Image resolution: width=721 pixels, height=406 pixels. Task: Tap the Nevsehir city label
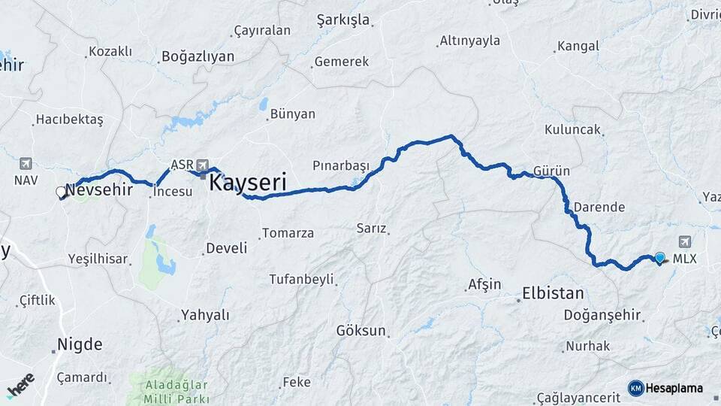point(99,190)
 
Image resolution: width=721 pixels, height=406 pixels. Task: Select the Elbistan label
point(552,293)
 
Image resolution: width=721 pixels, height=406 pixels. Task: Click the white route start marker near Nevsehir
point(62,192)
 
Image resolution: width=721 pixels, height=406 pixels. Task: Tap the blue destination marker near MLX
point(659,258)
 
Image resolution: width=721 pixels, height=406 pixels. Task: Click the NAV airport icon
point(26,164)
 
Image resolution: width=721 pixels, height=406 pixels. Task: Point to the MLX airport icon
point(684,242)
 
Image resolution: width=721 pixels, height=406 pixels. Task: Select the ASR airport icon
point(202,165)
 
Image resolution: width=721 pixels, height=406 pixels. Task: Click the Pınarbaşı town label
point(341,165)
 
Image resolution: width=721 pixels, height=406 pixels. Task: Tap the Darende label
point(599,207)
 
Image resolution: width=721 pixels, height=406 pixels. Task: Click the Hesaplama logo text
point(674,388)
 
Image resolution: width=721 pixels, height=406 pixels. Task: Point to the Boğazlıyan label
point(198,56)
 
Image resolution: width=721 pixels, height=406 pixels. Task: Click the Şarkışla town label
point(343,20)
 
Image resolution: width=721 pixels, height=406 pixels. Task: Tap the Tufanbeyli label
point(301,280)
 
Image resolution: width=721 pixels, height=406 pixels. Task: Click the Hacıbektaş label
point(69,120)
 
